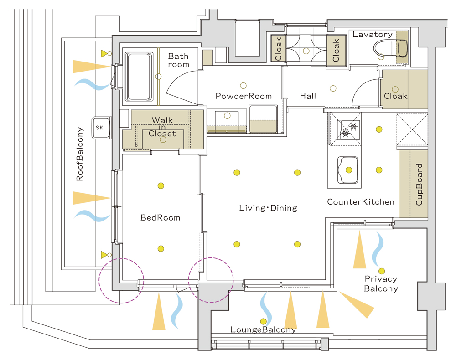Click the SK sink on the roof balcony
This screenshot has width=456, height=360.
(99, 128)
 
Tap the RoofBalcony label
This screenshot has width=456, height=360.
(80, 154)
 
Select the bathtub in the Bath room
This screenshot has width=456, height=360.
(139, 76)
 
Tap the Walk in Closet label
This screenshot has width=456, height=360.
(163, 127)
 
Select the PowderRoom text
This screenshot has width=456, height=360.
(244, 96)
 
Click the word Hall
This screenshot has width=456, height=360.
(308, 96)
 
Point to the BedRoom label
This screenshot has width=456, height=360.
(160, 218)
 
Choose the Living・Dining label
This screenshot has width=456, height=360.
(268, 208)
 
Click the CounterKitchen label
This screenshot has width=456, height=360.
(361, 201)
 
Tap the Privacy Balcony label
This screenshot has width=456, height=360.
(381, 283)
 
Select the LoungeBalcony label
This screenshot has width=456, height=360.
(263, 330)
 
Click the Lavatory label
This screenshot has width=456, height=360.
(373, 35)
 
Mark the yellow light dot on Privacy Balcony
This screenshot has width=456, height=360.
(382, 271)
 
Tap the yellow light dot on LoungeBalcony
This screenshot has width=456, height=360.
(263, 321)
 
